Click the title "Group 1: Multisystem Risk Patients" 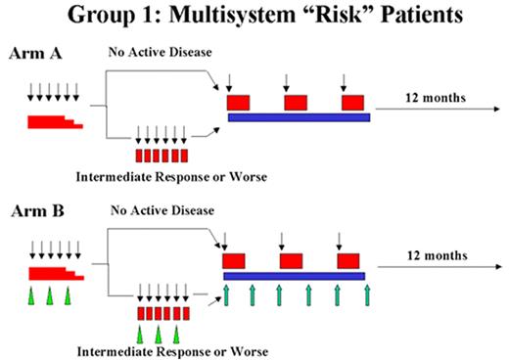[254, 18]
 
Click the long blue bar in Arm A [298, 117]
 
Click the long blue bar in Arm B [294, 275]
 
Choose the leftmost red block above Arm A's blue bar [238, 102]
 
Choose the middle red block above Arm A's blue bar [296, 102]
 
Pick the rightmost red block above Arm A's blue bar [352, 102]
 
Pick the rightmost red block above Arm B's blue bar [348, 261]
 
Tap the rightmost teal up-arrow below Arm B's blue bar [366, 293]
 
